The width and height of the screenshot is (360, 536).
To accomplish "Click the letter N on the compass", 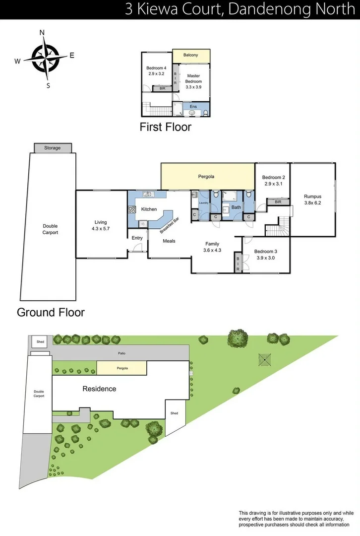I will coord(42,33).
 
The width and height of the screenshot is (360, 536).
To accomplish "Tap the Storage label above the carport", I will coord(53,148).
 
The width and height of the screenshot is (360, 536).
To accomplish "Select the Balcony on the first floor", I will coord(191,55).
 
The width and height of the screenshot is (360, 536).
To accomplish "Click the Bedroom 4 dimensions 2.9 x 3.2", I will coord(155,73).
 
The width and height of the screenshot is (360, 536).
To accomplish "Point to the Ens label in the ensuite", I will coord(193,106).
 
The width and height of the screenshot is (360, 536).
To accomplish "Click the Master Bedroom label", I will coord(193,78).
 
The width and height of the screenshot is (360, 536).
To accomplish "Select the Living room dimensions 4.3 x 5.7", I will coord(101,229).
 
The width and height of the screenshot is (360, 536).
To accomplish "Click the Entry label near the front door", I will coord(137,238).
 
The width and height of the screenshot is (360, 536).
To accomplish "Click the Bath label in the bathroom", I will coord(236,207).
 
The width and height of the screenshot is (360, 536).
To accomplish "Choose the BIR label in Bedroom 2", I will coord(278,202).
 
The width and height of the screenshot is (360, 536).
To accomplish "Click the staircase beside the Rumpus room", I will coord(278,228).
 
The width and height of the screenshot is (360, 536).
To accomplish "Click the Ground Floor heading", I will coord(51,313).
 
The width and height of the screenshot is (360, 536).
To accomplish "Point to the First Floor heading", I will coord(166,127).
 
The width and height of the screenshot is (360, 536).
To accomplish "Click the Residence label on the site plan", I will coord(99,389).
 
